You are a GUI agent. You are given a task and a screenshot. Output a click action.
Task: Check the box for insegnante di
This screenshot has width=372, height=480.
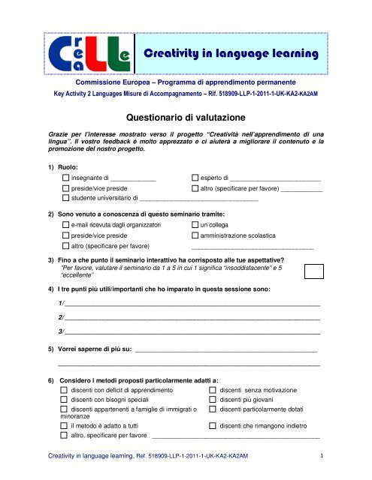click(x=65, y=178)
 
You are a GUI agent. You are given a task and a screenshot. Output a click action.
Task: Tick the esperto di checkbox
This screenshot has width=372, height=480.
click(x=196, y=178)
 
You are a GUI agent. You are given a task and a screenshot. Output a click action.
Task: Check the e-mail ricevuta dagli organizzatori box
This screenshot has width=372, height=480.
click(x=65, y=225)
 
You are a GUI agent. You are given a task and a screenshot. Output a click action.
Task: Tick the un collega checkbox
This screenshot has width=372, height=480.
click(x=196, y=225)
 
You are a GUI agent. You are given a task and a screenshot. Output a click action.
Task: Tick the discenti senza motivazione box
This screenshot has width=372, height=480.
click(x=213, y=391)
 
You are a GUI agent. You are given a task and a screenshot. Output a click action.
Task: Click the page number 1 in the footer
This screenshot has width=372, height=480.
click(x=322, y=455)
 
